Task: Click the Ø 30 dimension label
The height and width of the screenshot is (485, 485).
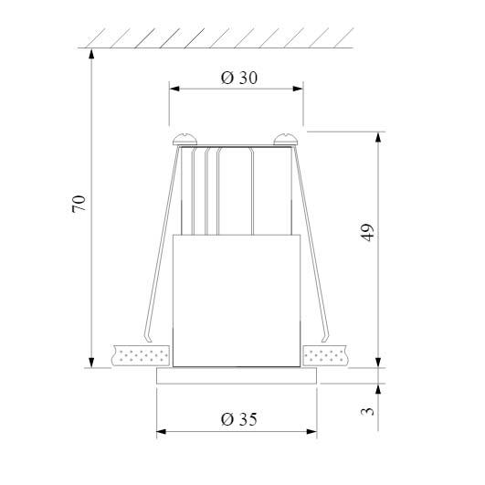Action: (238, 79)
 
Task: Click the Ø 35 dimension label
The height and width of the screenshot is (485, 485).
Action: (238, 419)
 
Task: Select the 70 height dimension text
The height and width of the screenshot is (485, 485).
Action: (79, 204)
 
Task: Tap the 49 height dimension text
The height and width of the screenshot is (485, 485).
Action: (367, 232)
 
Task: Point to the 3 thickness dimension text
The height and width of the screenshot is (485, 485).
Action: (367, 412)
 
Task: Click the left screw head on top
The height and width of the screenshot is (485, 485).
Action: (187, 139)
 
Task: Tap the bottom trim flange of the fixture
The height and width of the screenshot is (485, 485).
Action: (237, 374)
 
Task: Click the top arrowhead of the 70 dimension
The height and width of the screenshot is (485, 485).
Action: (92, 53)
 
